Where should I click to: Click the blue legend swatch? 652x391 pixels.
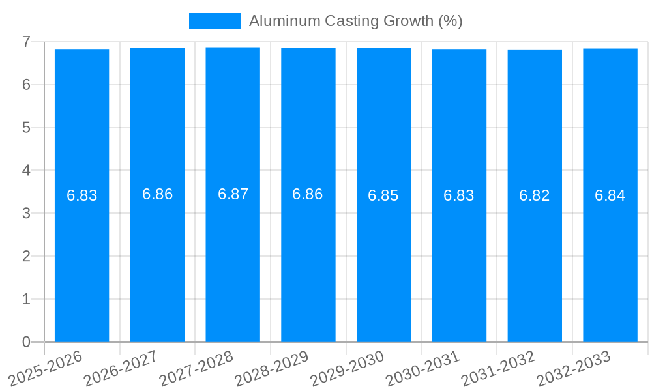(x=215, y=21)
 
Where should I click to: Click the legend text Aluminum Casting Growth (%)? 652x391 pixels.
(x=355, y=21)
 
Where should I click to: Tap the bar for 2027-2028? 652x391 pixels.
(x=233, y=261)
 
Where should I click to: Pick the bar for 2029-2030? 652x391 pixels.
(x=383, y=261)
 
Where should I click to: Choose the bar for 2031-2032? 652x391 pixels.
(x=535, y=261)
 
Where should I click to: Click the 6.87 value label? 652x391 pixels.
(x=233, y=194)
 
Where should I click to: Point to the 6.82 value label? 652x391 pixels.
(x=535, y=195)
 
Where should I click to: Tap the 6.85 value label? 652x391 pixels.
(x=383, y=195)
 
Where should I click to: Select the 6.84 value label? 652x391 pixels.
(x=610, y=195)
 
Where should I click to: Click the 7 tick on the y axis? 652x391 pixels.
(x=26, y=42)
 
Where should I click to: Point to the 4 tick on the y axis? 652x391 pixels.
(x=26, y=171)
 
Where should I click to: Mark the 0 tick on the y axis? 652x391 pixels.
(x=26, y=342)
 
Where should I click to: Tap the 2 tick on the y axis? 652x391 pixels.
(x=26, y=256)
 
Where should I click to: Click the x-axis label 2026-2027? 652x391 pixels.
(x=120, y=369)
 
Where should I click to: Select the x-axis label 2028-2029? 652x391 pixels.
(x=271, y=369)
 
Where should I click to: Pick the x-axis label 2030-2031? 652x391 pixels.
(x=422, y=369)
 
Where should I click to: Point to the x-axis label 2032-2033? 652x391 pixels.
(x=574, y=369)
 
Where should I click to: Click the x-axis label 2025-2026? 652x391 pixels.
(x=45, y=369)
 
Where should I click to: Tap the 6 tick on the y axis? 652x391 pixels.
(x=26, y=85)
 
